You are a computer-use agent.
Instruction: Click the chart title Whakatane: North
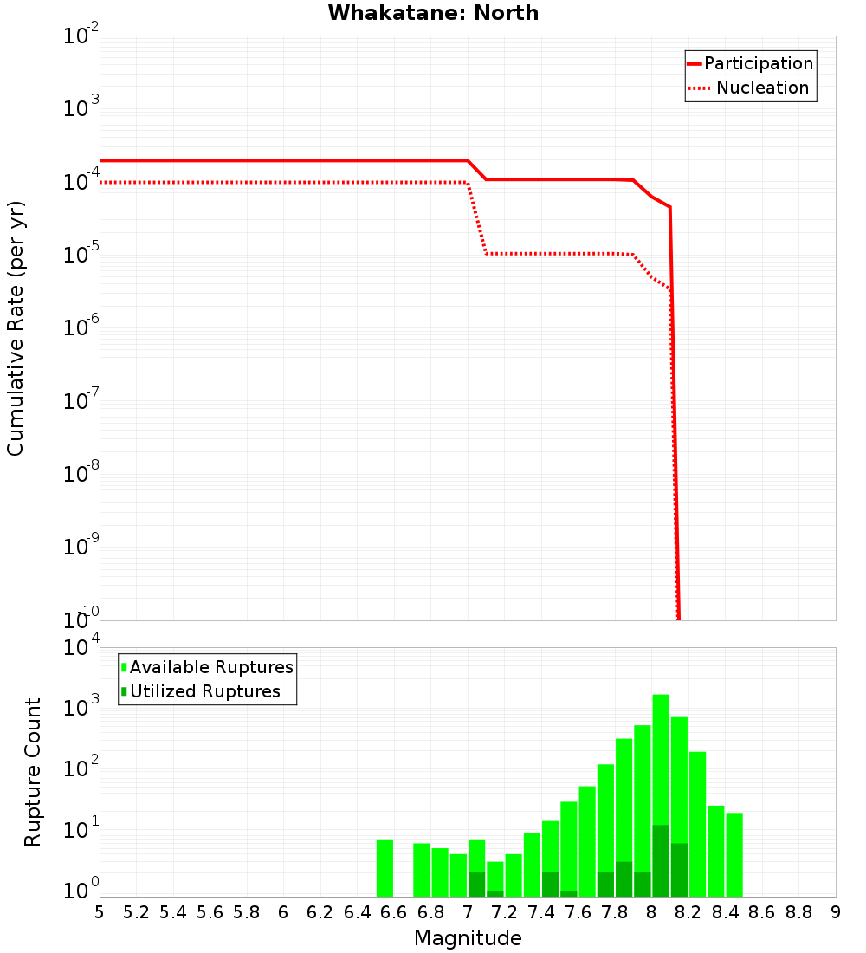[x=433, y=13]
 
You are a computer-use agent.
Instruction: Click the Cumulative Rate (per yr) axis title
[x=16, y=327]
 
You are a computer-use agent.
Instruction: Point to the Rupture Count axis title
[x=33, y=771]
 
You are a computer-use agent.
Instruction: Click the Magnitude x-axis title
[x=468, y=938]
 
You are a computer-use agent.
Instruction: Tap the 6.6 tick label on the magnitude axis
[x=393, y=912]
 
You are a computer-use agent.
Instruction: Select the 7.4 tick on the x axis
[x=541, y=912]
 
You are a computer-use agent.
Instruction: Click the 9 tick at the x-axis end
[x=836, y=912]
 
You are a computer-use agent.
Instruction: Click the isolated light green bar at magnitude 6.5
[x=385, y=867]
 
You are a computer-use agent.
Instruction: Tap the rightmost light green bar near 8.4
[x=734, y=854]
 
